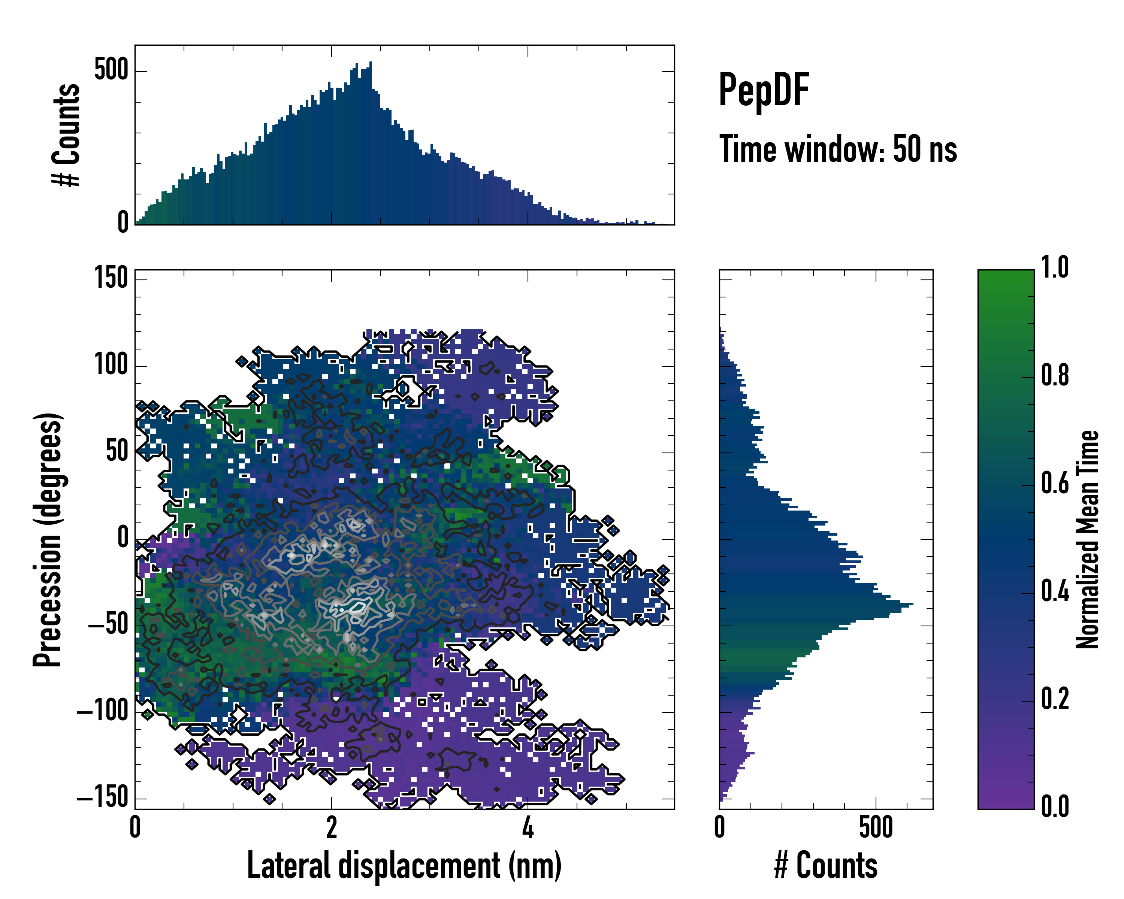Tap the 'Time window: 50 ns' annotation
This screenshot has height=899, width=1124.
tap(838, 149)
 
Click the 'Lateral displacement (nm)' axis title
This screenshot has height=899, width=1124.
tap(404, 866)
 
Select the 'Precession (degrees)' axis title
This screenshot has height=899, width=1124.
tap(48, 539)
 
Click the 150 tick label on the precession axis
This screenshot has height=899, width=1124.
tap(111, 278)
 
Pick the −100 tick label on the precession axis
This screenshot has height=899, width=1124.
tap(102, 711)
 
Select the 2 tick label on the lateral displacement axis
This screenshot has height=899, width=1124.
tap(332, 827)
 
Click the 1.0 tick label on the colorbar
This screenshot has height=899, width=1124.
tap(1055, 268)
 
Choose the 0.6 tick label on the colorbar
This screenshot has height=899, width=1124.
tap(1055, 484)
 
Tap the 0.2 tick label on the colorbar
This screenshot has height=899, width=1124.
tap(1055, 699)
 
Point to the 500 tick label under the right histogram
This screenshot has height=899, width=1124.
tap(876, 827)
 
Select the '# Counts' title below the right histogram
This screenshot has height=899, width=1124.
tap(826, 866)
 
